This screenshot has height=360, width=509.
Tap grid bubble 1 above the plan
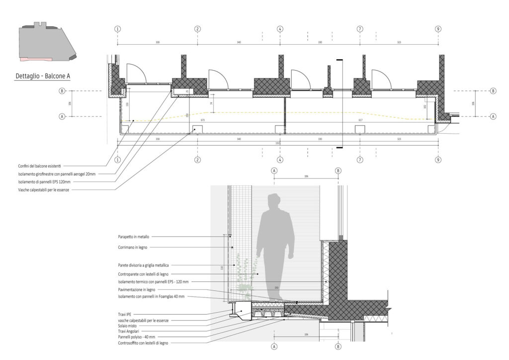(x=117, y=29)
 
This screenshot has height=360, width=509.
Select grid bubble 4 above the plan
(x=280, y=29)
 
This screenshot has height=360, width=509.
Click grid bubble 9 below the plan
(x=438, y=160)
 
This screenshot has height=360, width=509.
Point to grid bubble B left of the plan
(x=62, y=91)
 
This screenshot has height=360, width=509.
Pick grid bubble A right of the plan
(x=493, y=116)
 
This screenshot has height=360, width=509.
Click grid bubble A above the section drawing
(x=274, y=170)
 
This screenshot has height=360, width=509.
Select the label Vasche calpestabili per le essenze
(x=42, y=190)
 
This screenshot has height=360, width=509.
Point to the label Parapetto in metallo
(x=133, y=237)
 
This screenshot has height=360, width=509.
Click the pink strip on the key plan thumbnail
(x=35, y=59)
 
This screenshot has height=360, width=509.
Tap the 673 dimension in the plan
(x=203, y=120)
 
